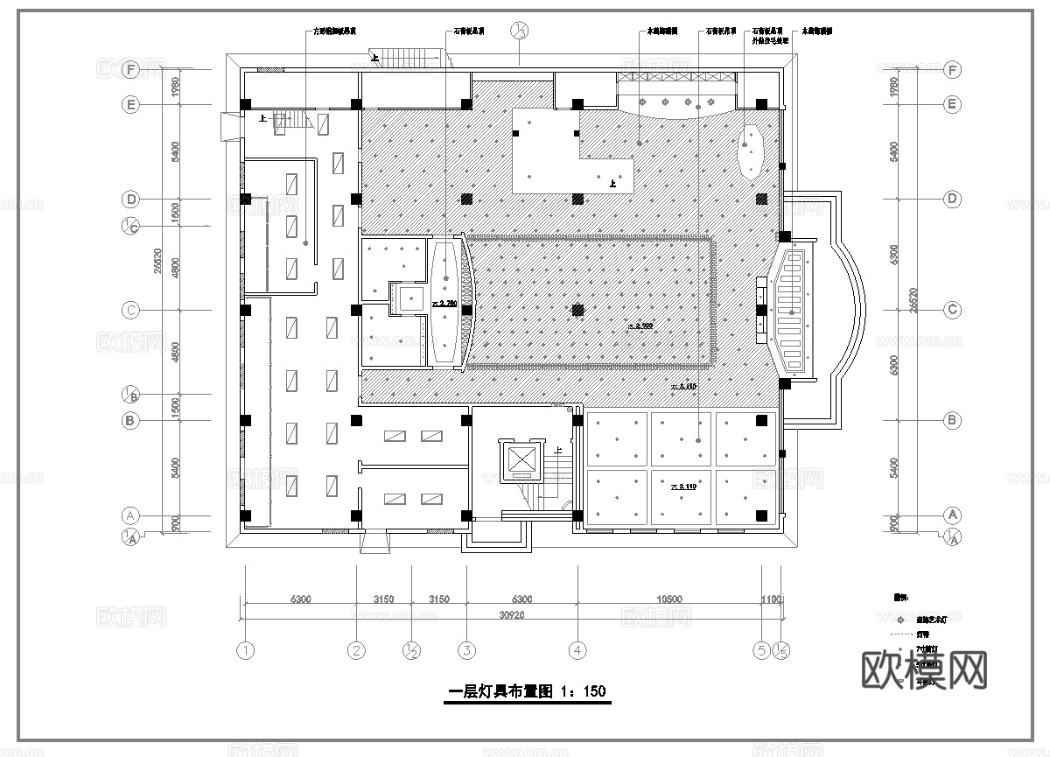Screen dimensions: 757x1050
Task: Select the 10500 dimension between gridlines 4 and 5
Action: tap(669, 599)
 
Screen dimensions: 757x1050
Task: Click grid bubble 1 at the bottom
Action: tap(246, 650)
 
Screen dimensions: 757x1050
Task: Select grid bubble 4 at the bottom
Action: tap(577, 650)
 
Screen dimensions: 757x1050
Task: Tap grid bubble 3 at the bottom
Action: tap(467, 650)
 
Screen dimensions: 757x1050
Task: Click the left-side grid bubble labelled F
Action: tap(131, 69)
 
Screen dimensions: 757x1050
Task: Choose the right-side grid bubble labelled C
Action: tap(953, 311)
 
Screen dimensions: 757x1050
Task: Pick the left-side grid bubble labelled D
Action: tap(131, 200)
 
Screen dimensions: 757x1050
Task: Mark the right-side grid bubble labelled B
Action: tap(953, 421)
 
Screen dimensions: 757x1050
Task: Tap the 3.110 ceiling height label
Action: tap(682, 486)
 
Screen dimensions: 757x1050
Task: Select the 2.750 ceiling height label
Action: tap(444, 304)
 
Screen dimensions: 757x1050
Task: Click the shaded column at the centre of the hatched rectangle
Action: tap(577, 310)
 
